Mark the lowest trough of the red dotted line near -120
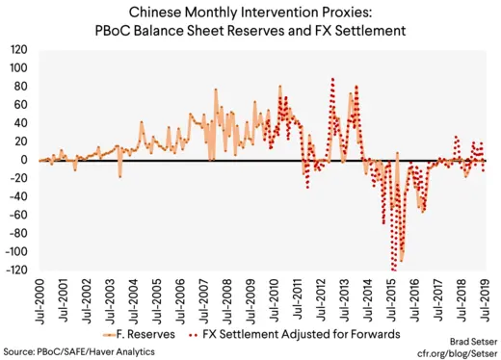[393, 270]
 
